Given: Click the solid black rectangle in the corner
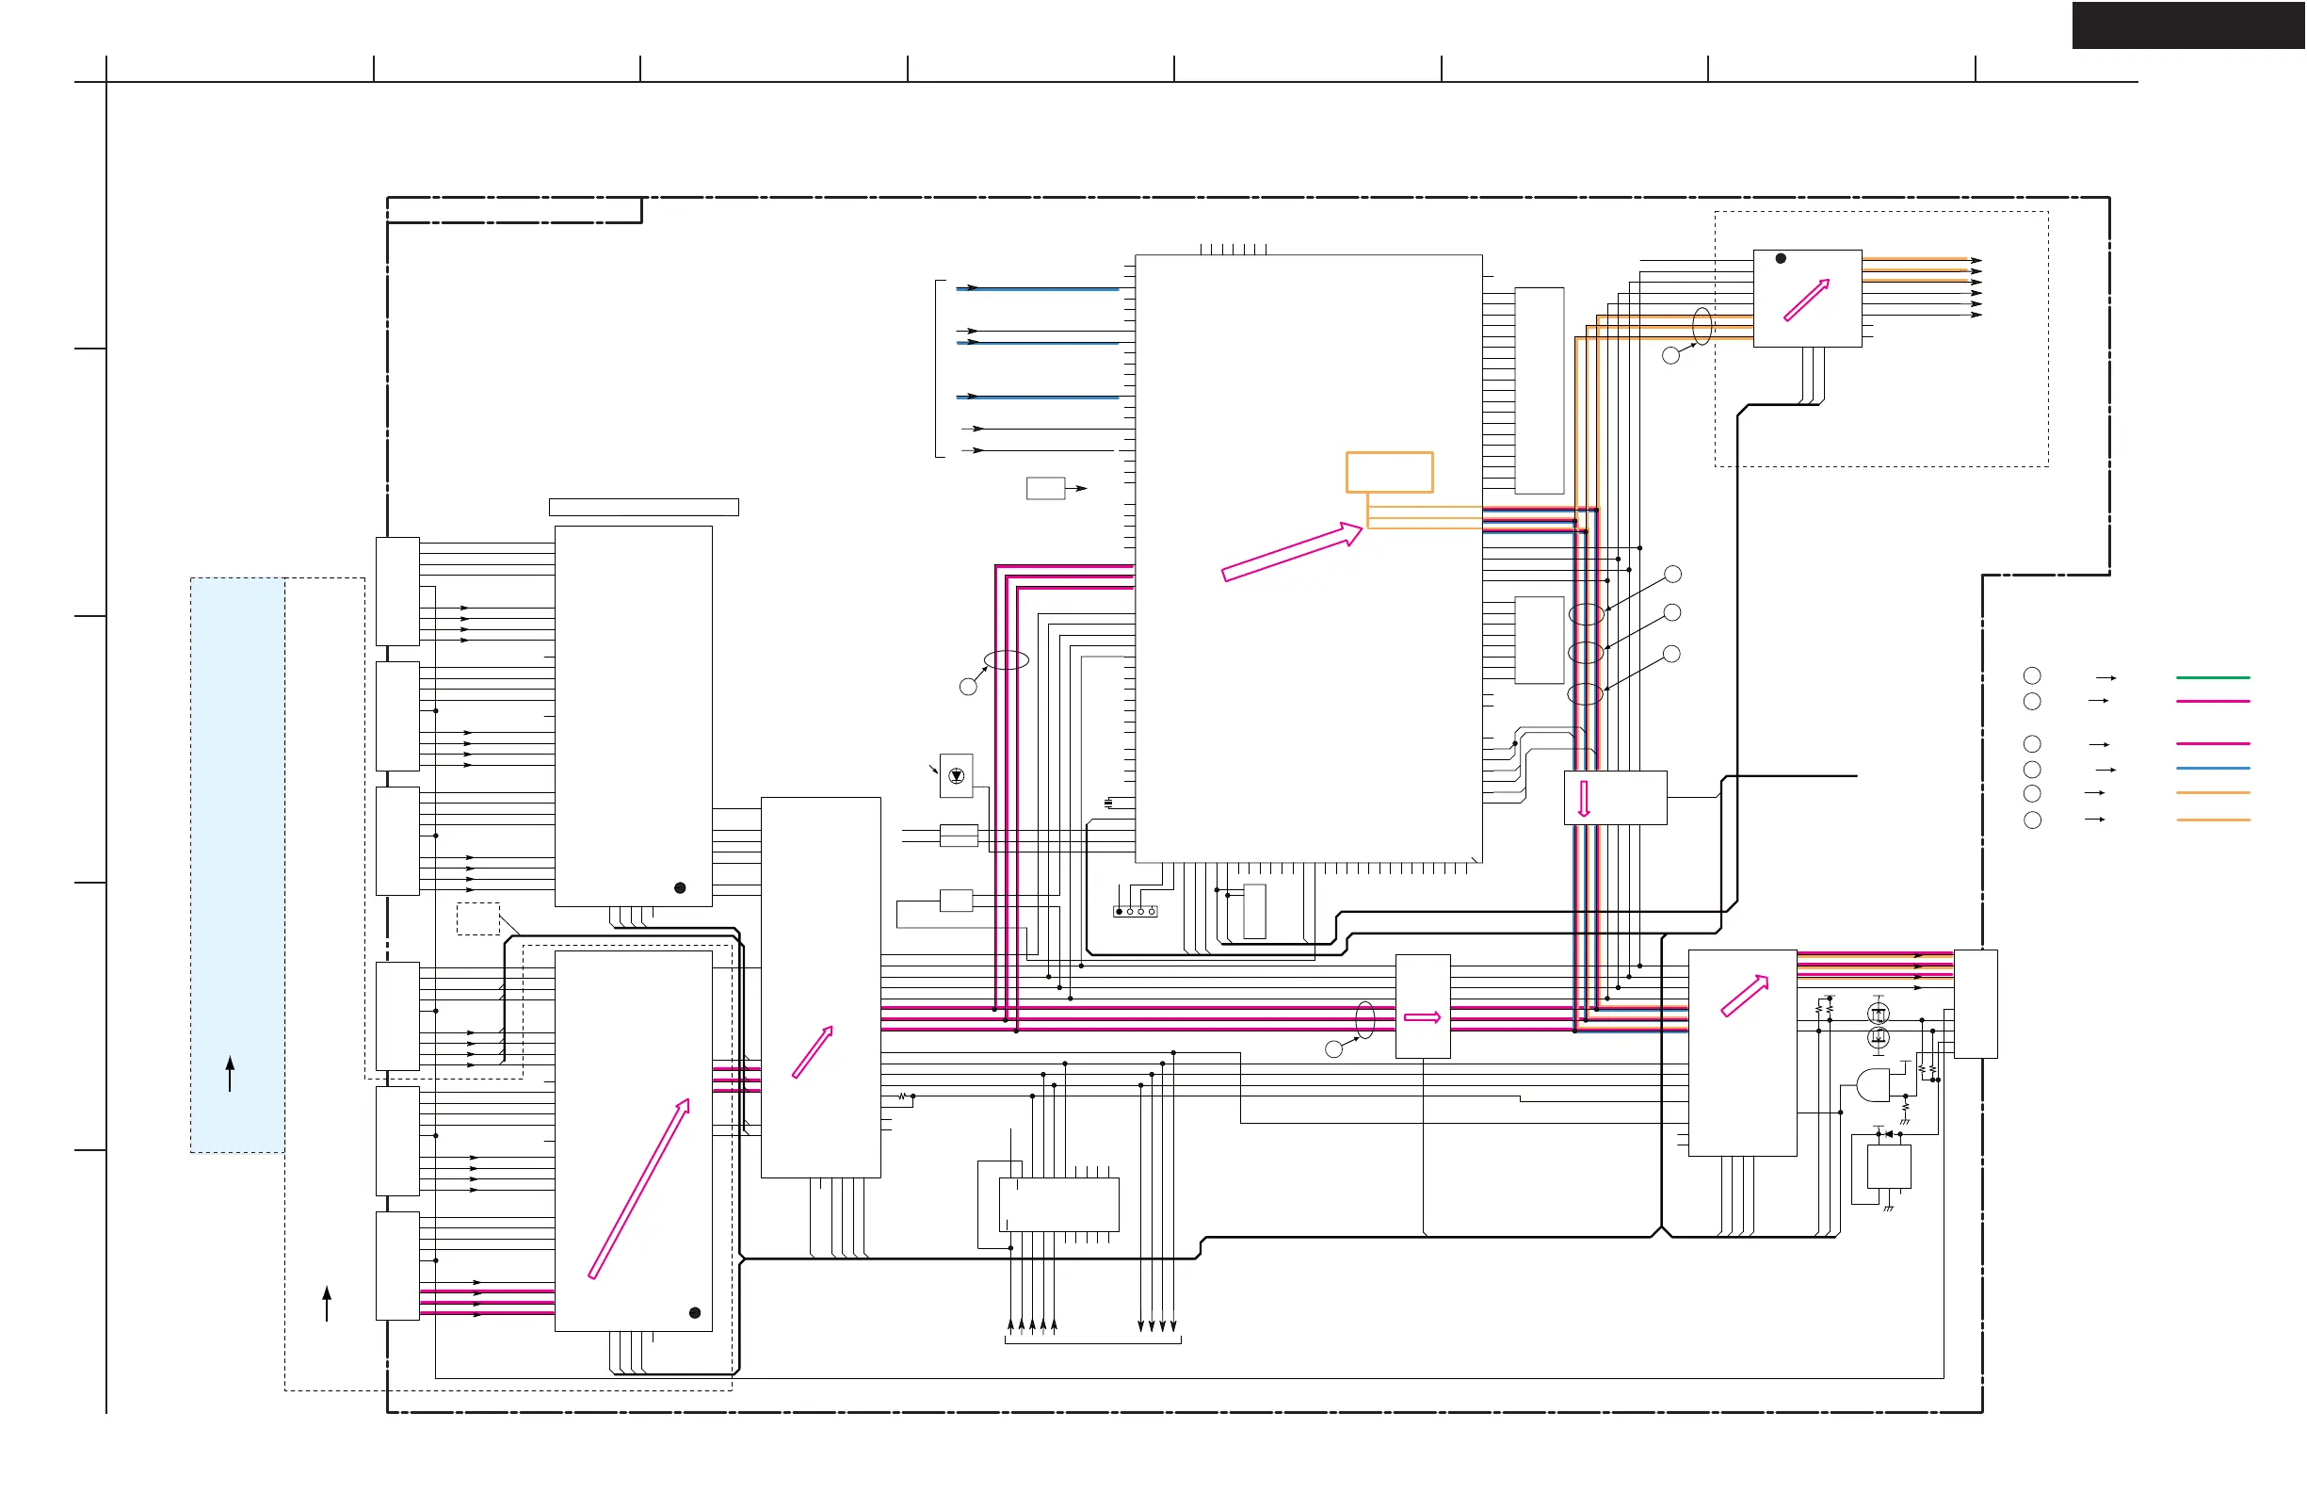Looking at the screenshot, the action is point(2187,25).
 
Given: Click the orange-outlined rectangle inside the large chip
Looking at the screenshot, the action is point(1389,472).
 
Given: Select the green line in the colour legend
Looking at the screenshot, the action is point(2212,677).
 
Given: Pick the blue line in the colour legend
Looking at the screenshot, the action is point(2212,768).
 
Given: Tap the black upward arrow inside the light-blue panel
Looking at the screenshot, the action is point(230,1073).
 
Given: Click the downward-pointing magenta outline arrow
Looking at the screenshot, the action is point(1584,798).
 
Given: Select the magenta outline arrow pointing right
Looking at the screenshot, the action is point(1422,1017).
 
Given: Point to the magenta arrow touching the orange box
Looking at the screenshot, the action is point(1292,552).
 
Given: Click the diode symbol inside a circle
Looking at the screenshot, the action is point(957,775).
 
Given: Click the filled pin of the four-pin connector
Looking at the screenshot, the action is point(1120,911).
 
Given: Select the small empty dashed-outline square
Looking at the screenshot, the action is point(478,918).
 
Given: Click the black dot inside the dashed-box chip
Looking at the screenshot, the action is point(1781,259).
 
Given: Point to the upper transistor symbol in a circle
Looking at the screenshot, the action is point(1879,1015).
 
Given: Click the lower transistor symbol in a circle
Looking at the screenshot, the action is point(1879,1037).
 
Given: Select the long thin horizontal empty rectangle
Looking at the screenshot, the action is point(644,507).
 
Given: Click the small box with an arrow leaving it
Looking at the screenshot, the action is point(1046,488).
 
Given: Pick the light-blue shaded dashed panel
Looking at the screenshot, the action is point(237,865).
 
